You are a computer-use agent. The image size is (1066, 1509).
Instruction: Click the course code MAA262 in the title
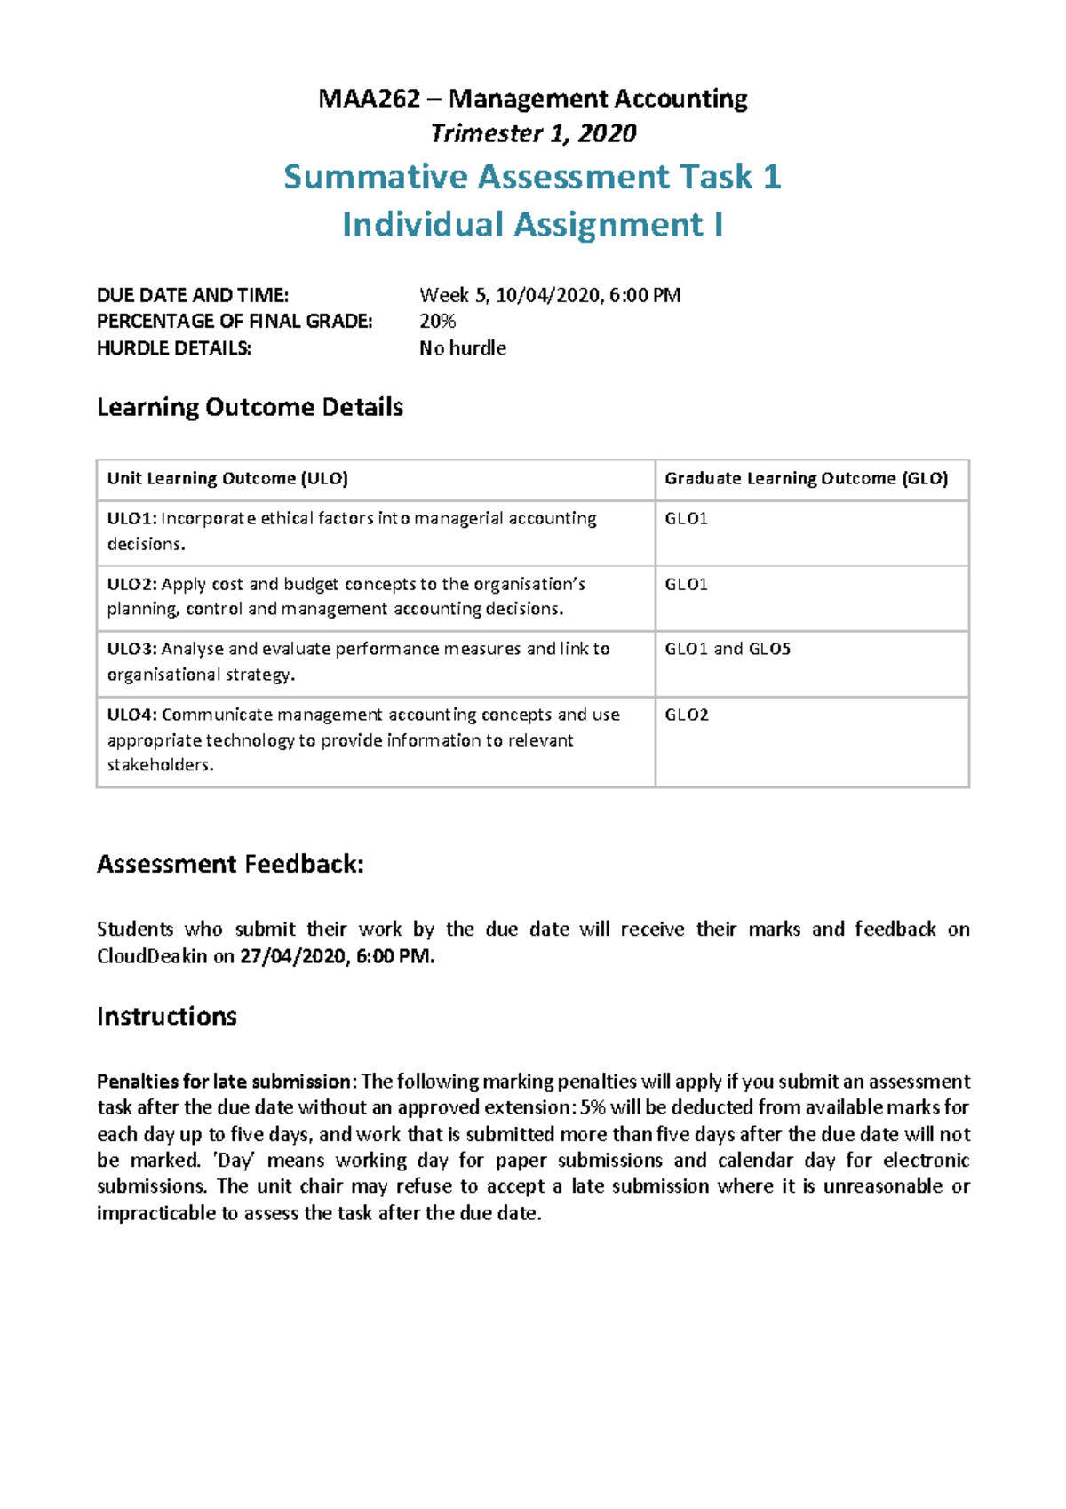click(369, 99)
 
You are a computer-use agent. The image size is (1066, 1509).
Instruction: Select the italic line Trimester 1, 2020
click(533, 134)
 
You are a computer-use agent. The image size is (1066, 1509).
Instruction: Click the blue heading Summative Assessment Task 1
click(532, 177)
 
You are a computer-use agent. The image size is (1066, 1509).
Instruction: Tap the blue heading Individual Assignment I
click(532, 225)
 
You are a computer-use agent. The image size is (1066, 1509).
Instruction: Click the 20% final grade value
click(437, 322)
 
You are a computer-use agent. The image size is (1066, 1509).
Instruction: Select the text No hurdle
click(463, 348)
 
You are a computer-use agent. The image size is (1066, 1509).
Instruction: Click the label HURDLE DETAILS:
click(174, 348)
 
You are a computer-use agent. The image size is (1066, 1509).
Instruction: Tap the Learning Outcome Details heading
click(250, 408)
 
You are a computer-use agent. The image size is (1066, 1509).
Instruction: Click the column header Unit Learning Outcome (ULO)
click(227, 479)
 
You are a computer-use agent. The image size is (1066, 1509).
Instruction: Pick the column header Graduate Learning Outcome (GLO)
click(806, 479)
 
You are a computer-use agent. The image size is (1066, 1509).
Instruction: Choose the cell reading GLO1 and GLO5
click(728, 649)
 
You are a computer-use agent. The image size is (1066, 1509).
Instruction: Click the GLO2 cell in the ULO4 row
click(687, 715)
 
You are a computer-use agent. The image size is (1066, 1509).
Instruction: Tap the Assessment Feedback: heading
click(230, 865)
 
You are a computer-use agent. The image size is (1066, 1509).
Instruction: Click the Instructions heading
click(167, 1017)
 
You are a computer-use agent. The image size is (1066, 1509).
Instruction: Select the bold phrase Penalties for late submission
click(224, 1082)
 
